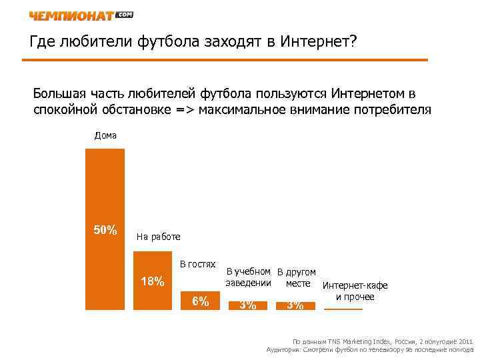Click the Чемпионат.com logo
[81, 15]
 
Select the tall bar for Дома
[105, 200]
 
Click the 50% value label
[105, 231]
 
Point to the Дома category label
[105, 135]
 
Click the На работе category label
[158, 237]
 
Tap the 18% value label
[153, 281]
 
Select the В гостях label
[198, 265]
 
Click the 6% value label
[200, 301]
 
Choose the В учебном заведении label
[248, 277]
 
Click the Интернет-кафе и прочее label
[355, 291]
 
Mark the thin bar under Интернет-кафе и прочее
[343, 309]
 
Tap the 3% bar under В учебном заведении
[247, 305]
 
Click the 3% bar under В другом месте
[295, 305]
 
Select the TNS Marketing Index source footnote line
[378, 340]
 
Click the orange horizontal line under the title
[225, 60]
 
